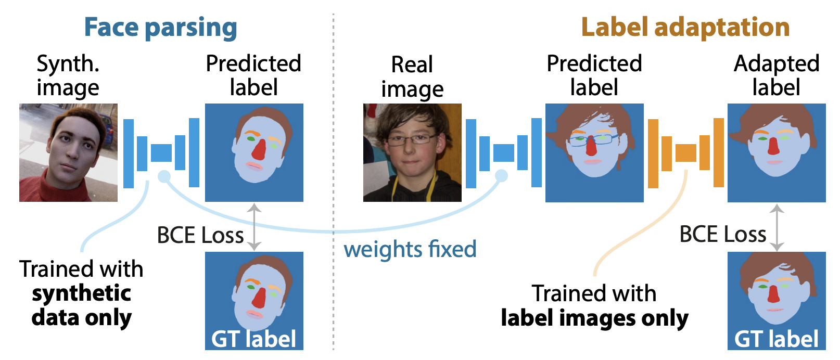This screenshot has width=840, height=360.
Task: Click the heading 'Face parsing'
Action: click(x=160, y=28)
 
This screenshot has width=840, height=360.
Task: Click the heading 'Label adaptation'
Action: click(x=685, y=28)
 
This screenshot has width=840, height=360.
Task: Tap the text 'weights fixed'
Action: click(x=410, y=249)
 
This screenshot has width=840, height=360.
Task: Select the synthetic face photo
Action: click(x=68, y=152)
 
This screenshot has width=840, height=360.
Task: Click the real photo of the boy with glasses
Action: click(x=412, y=152)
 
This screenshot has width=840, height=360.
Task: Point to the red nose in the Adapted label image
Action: click(x=774, y=146)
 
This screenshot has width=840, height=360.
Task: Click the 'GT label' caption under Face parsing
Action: click(x=253, y=339)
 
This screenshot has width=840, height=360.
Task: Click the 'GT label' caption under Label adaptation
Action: click(x=777, y=339)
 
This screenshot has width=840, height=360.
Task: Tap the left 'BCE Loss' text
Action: click(x=200, y=236)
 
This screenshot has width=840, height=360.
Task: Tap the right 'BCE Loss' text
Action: click(x=723, y=235)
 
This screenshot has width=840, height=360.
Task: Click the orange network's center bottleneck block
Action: click(x=685, y=153)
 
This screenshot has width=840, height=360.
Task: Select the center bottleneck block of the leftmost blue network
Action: click(x=161, y=153)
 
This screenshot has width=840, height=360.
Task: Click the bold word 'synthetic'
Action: click(x=81, y=293)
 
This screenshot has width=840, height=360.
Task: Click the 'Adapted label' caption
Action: click(x=777, y=75)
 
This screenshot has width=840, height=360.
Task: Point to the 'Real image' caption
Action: click(x=412, y=77)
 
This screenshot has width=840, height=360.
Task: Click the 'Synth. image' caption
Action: click(x=68, y=76)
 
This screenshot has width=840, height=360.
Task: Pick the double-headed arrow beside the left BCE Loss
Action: click(x=254, y=227)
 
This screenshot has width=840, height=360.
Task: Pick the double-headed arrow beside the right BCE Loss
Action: click(x=777, y=227)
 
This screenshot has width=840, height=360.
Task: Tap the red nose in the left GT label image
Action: click(x=259, y=298)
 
